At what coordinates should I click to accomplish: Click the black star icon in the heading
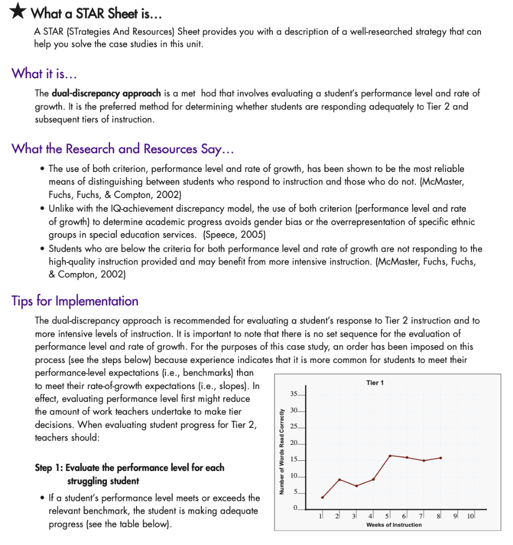pyautogui.click(x=17, y=12)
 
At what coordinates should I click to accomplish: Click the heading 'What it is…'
pyautogui.click(x=45, y=73)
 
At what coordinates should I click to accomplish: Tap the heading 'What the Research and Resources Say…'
pyautogui.click(x=123, y=148)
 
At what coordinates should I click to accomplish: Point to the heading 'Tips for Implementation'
pyautogui.click(x=74, y=301)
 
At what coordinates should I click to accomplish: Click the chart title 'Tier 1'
pyautogui.click(x=375, y=383)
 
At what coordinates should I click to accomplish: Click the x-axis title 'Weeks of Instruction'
pyautogui.click(x=394, y=525)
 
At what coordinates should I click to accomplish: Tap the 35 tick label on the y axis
pyautogui.click(x=294, y=394)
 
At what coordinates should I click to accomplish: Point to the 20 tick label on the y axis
pyautogui.click(x=294, y=443)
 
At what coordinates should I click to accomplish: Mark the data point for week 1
pyautogui.click(x=322, y=497)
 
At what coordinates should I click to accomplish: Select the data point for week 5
pyautogui.click(x=390, y=456)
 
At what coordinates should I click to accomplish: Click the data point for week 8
pyautogui.click(x=441, y=458)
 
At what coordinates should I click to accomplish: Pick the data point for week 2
pyautogui.click(x=339, y=480)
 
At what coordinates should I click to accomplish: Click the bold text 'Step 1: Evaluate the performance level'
pyautogui.click(x=129, y=468)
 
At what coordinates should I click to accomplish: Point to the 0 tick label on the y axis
pyautogui.click(x=296, y=509)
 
